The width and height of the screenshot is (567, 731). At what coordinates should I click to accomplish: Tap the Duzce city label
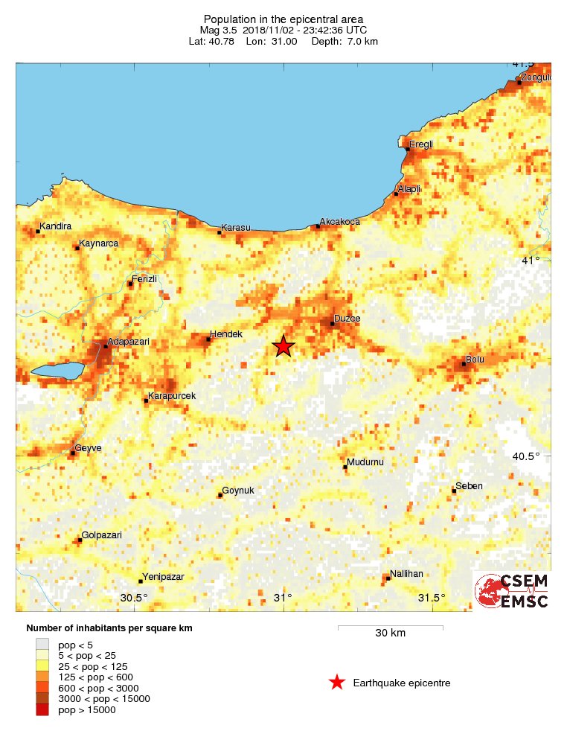pyautogui.click(x=347, y=319)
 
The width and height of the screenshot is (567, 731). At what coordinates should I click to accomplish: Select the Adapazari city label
pyautogui.click(x=128, y=342)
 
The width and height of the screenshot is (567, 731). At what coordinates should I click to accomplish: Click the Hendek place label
pyautogui.click(x=226, y=334)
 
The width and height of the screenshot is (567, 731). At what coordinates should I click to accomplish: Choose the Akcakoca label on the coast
pyautogui.click(x=340, y=222)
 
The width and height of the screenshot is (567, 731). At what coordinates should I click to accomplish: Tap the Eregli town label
pyautogui.click(x=420, y=144)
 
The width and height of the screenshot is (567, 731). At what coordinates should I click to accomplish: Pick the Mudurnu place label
pyautogui.click(x=365, y=462)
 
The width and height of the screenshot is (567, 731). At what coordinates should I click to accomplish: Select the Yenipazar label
pyautogui.click(x=163, y=576)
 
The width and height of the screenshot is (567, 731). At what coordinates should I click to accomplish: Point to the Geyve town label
pyautogui.click(x=88, y=448)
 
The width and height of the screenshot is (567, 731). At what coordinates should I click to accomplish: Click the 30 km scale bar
pyautogui.click(x=390, y=628)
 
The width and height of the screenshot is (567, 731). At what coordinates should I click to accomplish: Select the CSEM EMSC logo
pyautogui.click(x=513, y=591)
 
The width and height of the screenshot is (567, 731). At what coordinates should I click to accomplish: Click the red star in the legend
pyautogui.click(x=337, y=683)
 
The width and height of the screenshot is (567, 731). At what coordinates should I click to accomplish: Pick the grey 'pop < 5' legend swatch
pyautogui.click(x=42, y=644)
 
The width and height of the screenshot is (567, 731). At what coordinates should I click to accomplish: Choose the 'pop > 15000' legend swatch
pyautogui.click(x=42, y=710)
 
